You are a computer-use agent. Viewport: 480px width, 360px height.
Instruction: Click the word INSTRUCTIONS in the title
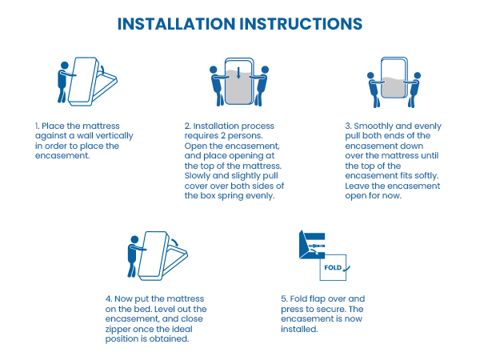click(302, 24)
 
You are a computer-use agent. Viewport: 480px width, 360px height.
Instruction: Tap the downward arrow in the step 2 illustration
click(238, 73)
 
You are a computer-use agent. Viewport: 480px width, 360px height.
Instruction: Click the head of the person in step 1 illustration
click(65, 66)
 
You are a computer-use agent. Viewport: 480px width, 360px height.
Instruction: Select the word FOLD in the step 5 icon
click(333, 267)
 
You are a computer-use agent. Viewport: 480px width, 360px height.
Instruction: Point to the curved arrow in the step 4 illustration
click(175, 242)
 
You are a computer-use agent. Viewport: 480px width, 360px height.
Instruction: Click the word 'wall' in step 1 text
click(86, 136)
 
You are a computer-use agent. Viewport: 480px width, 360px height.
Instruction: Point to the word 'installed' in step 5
click(299, 329)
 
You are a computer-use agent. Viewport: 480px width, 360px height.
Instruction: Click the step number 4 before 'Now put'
click(109, 298)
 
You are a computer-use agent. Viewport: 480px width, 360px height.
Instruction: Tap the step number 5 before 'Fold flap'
click(284, 298)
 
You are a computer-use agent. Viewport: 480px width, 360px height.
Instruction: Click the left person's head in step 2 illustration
click(214, 70)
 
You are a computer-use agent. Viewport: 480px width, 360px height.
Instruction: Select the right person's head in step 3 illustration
click(418, 75)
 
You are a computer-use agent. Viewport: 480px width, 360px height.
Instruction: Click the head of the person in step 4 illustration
click(134, 239)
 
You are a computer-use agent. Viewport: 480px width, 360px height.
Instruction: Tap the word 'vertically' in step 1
click(115, 136)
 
